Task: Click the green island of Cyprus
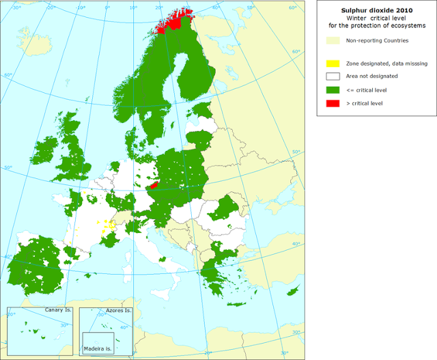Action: point(294,291)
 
